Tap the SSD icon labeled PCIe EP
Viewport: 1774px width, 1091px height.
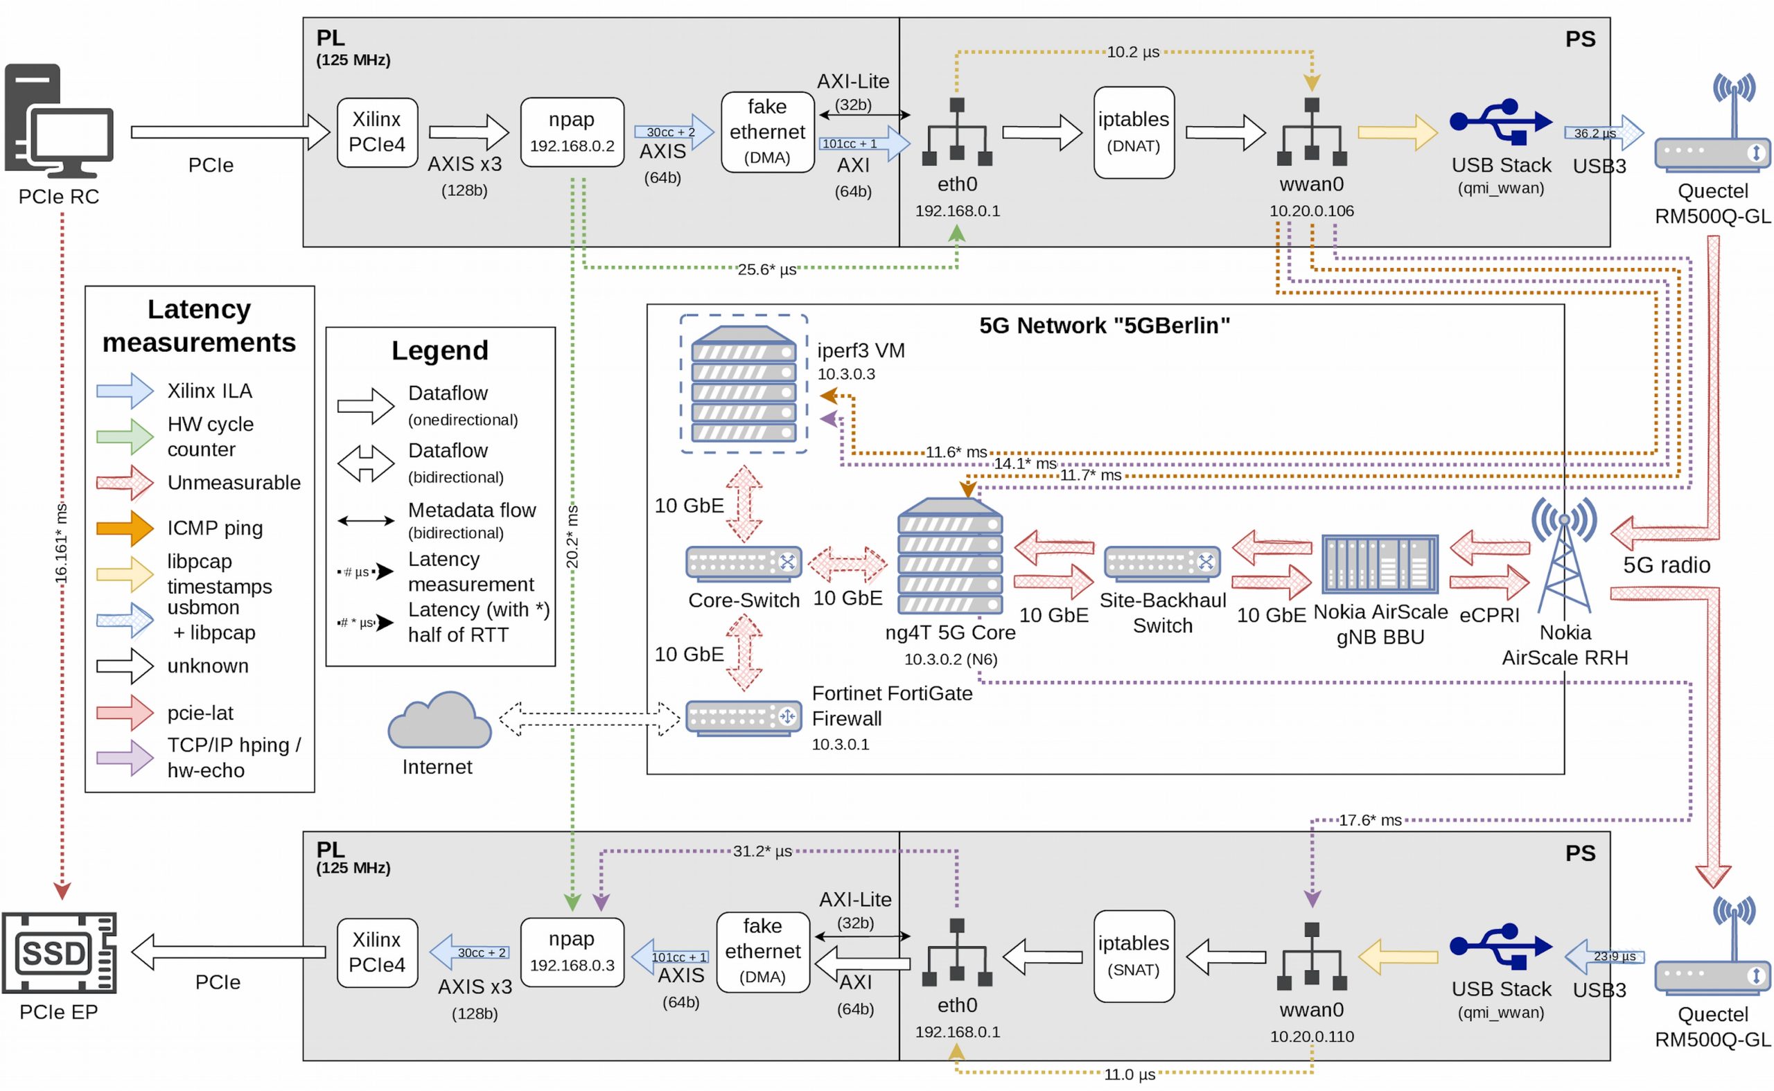tap(58, 952)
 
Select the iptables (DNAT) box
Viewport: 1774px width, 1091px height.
tap(1133, 132)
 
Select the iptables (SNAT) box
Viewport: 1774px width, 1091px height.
tap(1133, 956)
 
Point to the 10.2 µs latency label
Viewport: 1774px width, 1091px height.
tap(1132, 52)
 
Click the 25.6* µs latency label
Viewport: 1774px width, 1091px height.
tap(766, 269)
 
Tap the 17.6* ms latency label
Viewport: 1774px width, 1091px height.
tap(1369, 820)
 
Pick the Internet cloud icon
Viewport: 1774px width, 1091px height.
tap(439, 722)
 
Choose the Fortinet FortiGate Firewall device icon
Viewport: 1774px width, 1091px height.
tap(743, 717)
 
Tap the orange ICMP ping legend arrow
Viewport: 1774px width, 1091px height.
tap(125, 528)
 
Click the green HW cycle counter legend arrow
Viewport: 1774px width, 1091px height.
tap(125, 436)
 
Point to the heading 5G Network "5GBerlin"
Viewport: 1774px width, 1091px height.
tap(1103, 326)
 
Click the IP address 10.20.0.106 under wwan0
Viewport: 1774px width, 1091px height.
tap(1310, 211)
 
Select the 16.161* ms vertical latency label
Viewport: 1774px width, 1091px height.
tap(62, 543)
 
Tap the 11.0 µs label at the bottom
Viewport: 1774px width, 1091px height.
tap(1129, 1074)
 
